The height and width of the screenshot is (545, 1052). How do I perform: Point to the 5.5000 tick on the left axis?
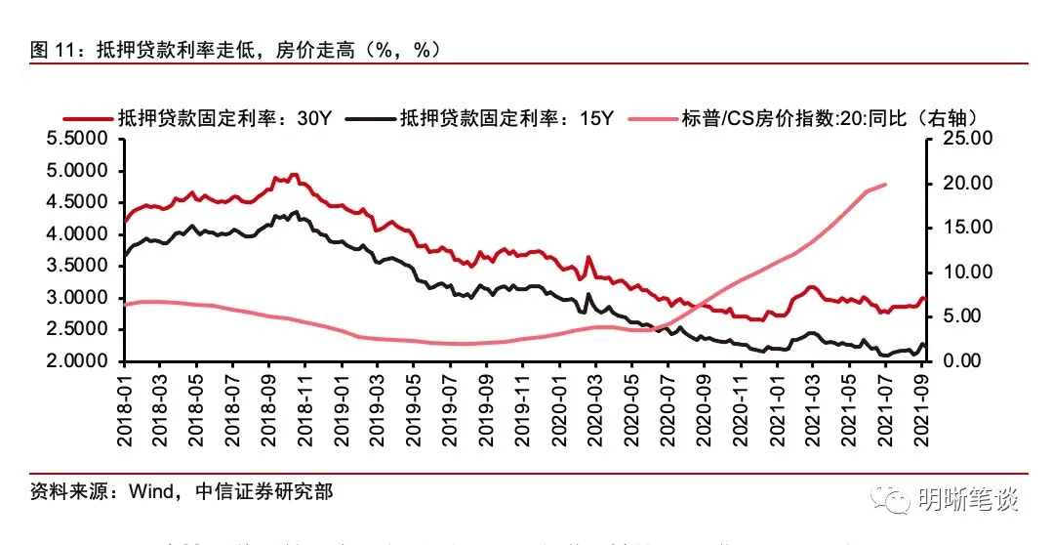[x=81, y=140]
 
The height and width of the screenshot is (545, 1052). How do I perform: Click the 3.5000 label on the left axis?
[x=81, y=267]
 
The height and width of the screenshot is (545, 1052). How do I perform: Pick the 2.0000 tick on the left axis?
[x=81, y=361]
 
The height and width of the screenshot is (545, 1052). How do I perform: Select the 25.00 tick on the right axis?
[x=960, y=140]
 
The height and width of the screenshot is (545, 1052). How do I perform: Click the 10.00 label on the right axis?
[x=960, y=272]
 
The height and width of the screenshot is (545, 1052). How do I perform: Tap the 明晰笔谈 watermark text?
[x=969, y=500]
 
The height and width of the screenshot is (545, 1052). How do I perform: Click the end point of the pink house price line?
[x=885, y=184]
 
